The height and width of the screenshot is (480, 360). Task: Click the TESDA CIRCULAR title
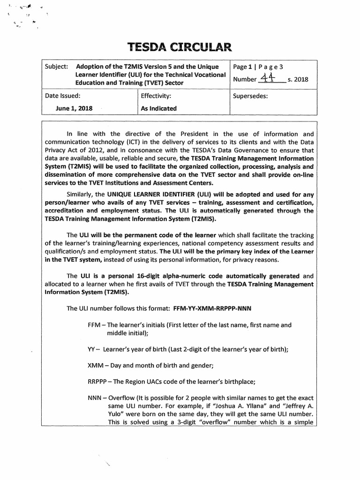tap(180, 47)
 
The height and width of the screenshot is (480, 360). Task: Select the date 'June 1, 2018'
tap(74, 108)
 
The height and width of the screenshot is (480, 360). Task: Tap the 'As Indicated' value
tap(158, 108)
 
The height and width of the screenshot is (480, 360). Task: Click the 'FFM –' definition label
tap(97, 324)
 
